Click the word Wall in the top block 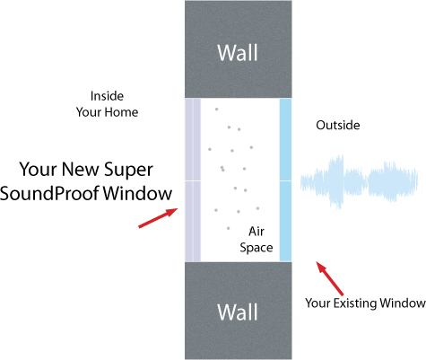(238, 53)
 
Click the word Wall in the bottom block (238, 312)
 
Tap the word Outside (338, 125)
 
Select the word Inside (107, 96)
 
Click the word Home (121, 112)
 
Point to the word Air (256, 232)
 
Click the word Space (256, 248)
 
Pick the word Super (128, 170)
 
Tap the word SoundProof (49, 193)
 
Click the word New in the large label (81, 169)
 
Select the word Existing (355, 303)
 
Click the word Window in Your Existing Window (402, 303)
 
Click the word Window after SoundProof (137, 193)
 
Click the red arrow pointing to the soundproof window (158, 218)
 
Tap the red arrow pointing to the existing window (330, 278)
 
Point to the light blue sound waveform (359, 181)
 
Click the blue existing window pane (285, 180)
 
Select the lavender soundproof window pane (193, 180)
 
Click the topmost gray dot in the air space (216, 110)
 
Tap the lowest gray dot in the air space (229, 228)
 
